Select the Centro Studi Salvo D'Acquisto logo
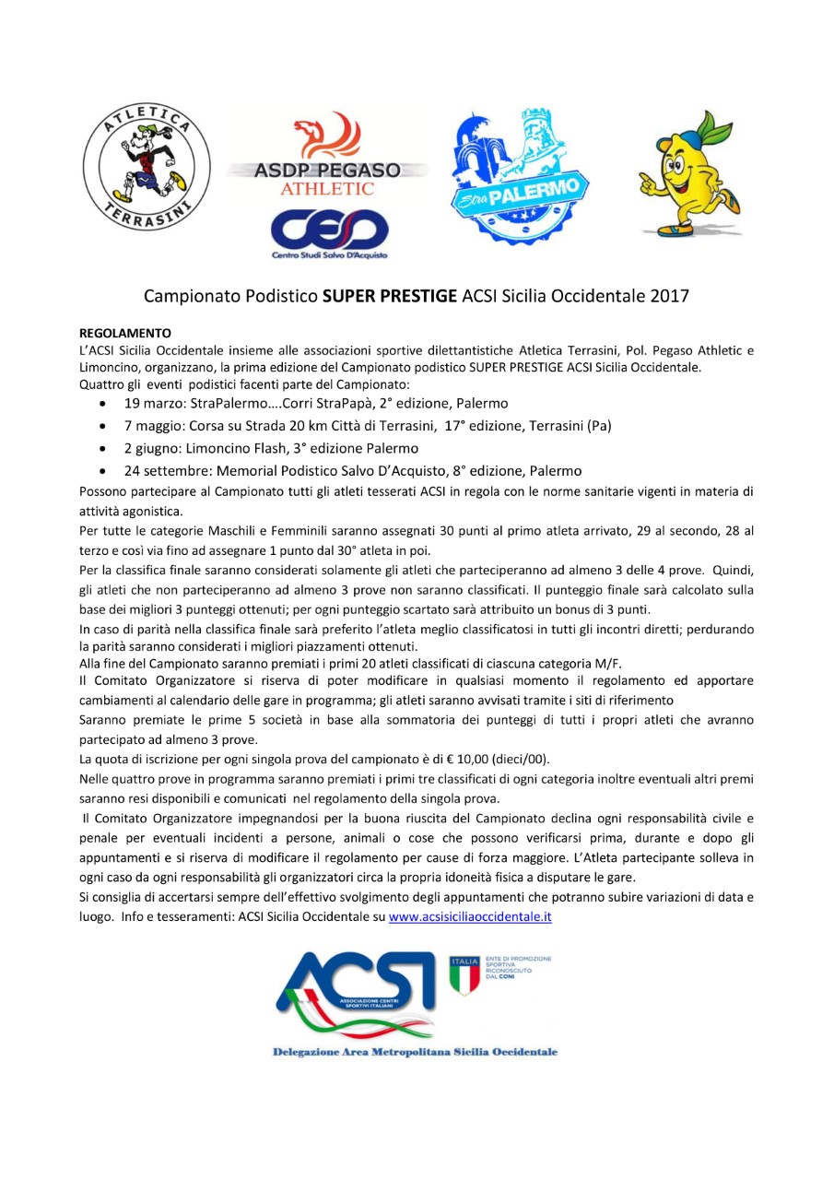coord(329,236)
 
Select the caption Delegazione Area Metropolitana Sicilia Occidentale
coord(415,1052)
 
